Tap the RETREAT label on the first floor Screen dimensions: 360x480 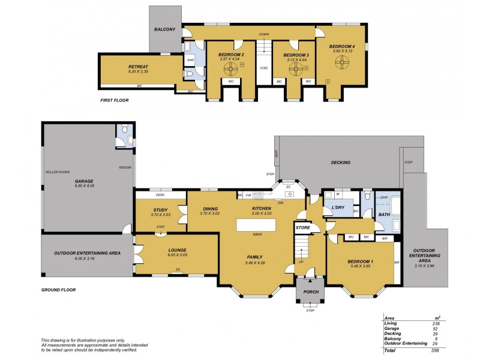point(138,67)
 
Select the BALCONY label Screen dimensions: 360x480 point(164,29)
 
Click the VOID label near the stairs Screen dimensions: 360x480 point(264,68)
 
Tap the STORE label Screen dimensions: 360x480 point(302,228)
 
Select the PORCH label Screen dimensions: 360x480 point(310,292)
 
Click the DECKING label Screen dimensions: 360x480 point(341,162)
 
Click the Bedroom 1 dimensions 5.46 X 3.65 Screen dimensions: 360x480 point(360,267)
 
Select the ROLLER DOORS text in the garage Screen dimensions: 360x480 point(58,172)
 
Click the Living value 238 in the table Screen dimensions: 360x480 point(436,323)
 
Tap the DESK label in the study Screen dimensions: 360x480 point(160,195)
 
